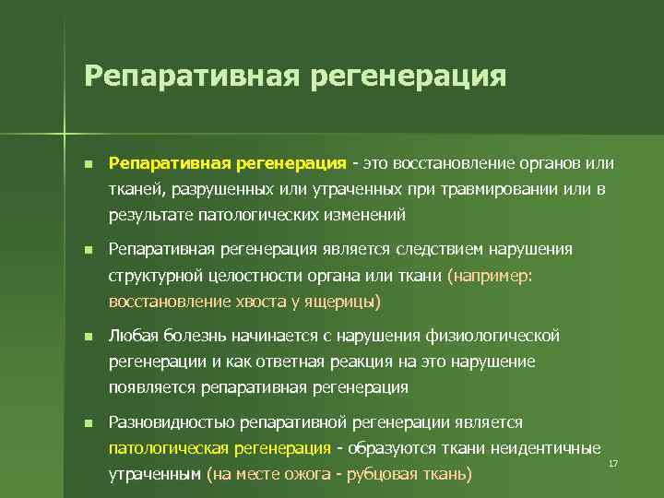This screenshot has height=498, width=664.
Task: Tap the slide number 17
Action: click(x=612, y=462)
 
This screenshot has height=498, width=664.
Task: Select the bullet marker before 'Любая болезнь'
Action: click(x=88, y=336)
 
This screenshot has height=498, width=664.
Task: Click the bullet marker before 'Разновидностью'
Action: click(x=88, y=422)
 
